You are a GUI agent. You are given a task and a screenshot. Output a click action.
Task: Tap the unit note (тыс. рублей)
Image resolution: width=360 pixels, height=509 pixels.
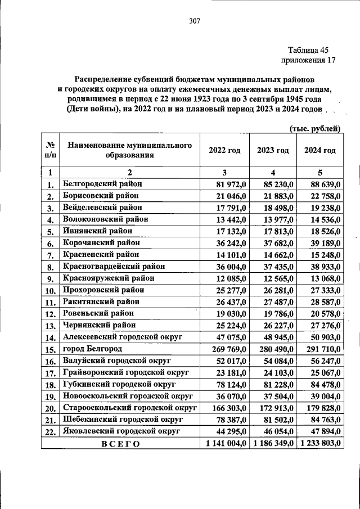[x=315, y=129]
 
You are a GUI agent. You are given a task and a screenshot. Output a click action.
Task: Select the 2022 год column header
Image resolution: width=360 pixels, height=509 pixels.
[x=224, y=150]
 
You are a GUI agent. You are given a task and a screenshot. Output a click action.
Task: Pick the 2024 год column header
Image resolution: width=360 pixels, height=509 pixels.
[x=319, y=150]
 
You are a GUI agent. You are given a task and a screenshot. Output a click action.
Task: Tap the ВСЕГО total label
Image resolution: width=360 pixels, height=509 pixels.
[x=120, y=444]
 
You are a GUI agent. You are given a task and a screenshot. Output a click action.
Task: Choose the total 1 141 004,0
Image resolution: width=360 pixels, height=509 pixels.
[x=224, y=444]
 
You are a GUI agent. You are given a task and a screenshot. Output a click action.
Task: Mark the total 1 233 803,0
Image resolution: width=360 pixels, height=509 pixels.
[x=319, y=444]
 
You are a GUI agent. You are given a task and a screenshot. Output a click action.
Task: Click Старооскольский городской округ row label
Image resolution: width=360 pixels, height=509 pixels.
[x=129, y=407]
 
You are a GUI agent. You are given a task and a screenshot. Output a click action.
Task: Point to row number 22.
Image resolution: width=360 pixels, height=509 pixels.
[x=51, y=432]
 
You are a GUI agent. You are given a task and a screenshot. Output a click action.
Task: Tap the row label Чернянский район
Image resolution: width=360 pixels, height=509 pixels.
[x=100, y=325]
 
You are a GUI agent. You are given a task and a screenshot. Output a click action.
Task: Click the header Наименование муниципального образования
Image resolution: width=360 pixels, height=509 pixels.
[x=130, y=150]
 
